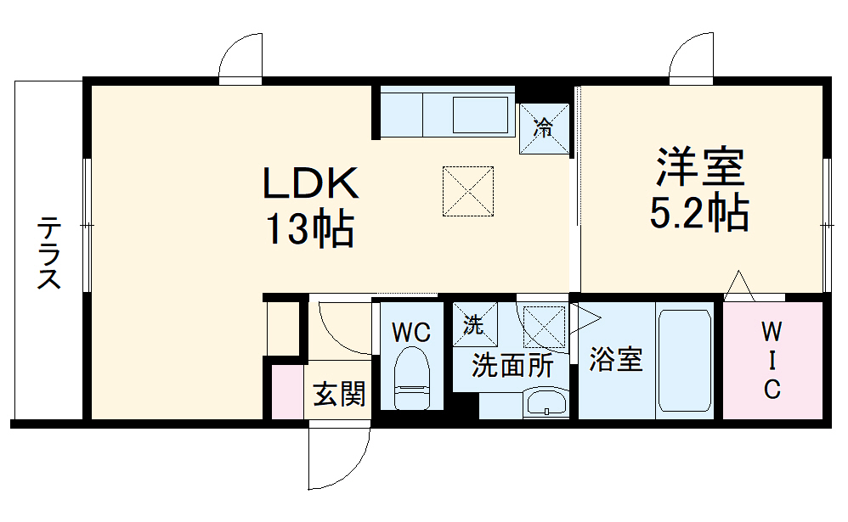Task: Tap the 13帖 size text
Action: [311, 227]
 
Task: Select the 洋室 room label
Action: [699, 168]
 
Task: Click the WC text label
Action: [411, 332]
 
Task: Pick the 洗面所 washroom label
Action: [512, 365]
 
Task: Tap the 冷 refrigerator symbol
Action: [543, 130]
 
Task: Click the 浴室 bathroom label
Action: [615, 359]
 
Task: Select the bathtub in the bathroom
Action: [684, 360]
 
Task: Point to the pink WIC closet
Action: [772, 360]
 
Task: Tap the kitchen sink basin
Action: [480, 114]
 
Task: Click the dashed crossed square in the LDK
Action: [468, 190]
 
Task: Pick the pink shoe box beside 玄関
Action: [286, 391]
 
